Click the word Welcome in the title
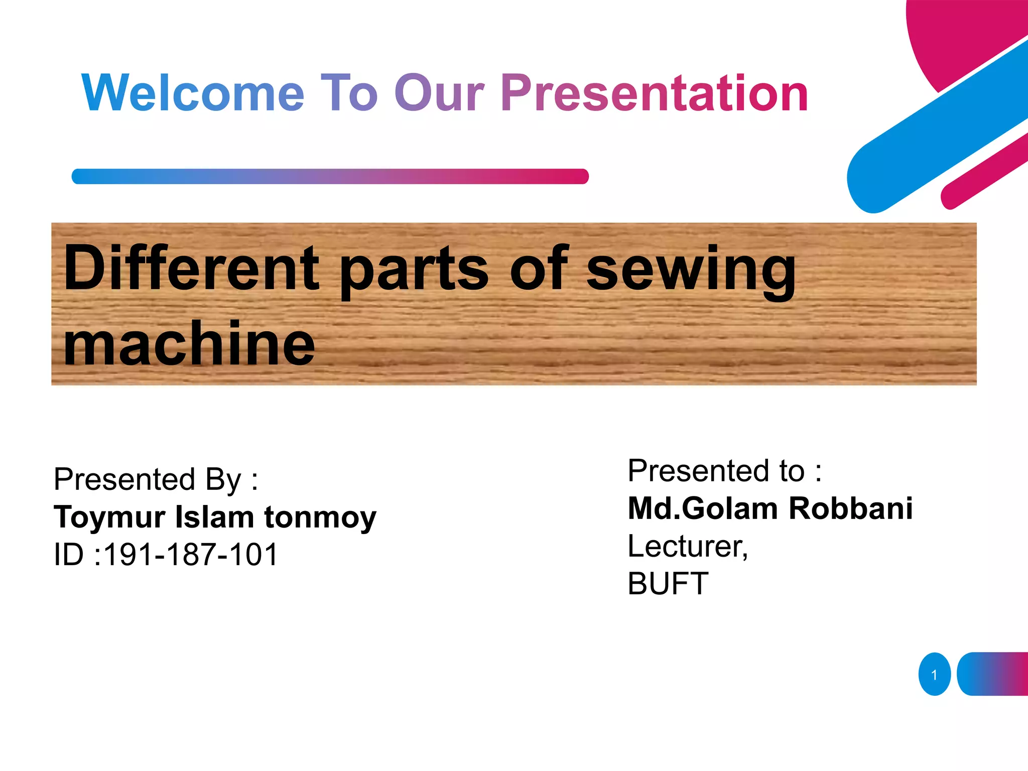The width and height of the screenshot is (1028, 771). [x=193, y=93]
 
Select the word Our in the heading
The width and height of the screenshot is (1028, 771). [x=439, y=93]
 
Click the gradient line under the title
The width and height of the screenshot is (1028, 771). [x=330, y=176]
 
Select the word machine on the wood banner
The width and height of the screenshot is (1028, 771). [x=189, y=344]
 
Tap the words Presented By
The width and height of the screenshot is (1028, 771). [x=156, y=479]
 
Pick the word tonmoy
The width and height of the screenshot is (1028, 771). [x=320, y=518]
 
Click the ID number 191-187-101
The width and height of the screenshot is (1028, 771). [x=191, y=555]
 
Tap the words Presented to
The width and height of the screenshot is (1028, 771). [x=724, y=471]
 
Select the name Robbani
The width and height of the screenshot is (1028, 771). [x=850, y=508]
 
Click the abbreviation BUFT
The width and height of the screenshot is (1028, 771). [x=668, y=584]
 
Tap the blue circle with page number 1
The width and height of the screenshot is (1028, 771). [x=934, y=674]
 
